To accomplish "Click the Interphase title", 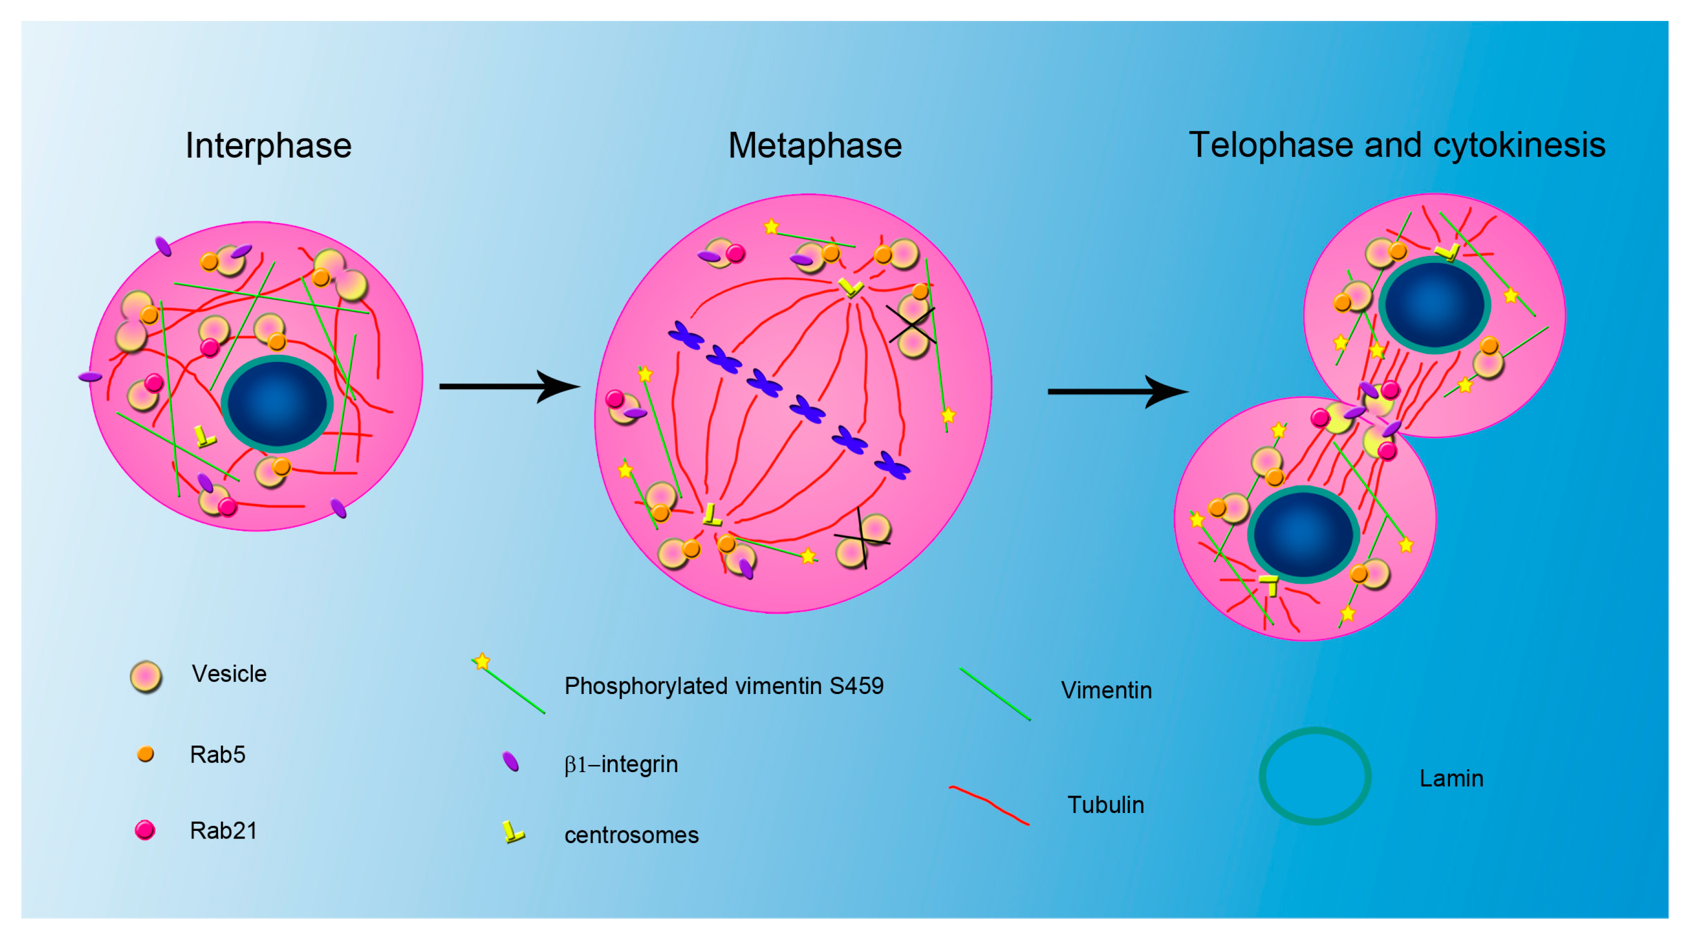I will click(x=268, y=145).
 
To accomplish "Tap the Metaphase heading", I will click(x=815, y=145).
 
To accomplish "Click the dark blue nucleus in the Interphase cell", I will click(x=277, y=404).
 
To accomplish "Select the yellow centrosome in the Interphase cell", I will click(x=205, y=437).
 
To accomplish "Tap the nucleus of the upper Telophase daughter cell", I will click(x=1435, y=305).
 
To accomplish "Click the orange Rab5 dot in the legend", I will click(x=145, y=754).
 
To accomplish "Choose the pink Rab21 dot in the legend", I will click(x=145, y=830).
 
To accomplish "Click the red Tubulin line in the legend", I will click(x=988, y=804).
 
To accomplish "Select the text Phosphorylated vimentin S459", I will click(x=724, y=686).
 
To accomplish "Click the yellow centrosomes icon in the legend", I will click(x=513, y=832).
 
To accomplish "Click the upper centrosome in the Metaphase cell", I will click(x=851, y=286).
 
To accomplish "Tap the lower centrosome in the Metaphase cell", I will click(x=711, y=515).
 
